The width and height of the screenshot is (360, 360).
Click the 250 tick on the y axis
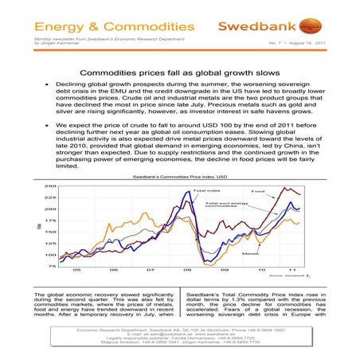[40, 186]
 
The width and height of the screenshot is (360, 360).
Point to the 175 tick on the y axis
[40, 220]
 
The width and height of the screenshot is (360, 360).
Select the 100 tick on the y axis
[40, 255]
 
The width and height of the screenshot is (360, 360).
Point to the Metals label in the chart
[249, 252]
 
